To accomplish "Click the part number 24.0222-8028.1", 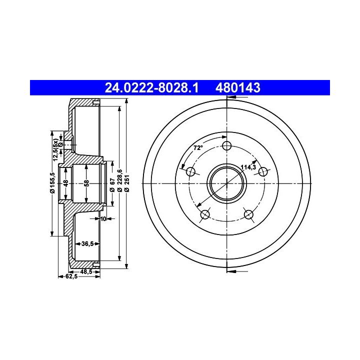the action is (x=151, y=87).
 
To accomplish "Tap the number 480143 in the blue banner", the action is (x=238, y=87).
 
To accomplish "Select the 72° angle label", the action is (x=198, y=148).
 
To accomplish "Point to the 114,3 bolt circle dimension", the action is (x=248, y=167).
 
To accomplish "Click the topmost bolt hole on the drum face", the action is (x=227, y=146).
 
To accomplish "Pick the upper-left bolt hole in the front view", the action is (x=190, y=171).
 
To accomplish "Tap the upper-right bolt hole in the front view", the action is (x=263, y=171).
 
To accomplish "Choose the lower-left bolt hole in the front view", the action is (x=205, y=214).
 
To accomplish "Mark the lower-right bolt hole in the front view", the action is (x=248, y=214).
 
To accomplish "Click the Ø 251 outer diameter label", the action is (x=127, y=183).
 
